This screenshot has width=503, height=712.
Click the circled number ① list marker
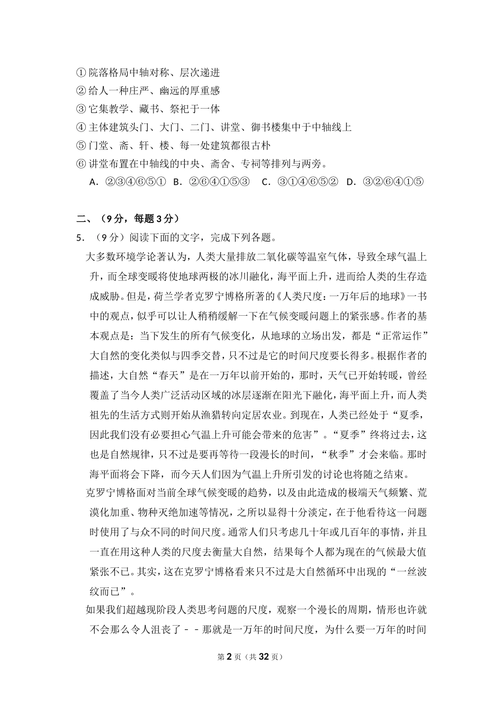[x=81, y=73]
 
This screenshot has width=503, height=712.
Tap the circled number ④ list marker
[x=81, y=127]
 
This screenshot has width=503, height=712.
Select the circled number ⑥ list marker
[x=81, y=164]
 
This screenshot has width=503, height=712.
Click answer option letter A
[x=93, y=182]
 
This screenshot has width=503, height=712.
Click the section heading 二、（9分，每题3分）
[x=128, y=218]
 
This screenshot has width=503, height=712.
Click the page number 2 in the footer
[x=229, y=657]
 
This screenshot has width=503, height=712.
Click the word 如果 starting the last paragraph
[x=95, y=610]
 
